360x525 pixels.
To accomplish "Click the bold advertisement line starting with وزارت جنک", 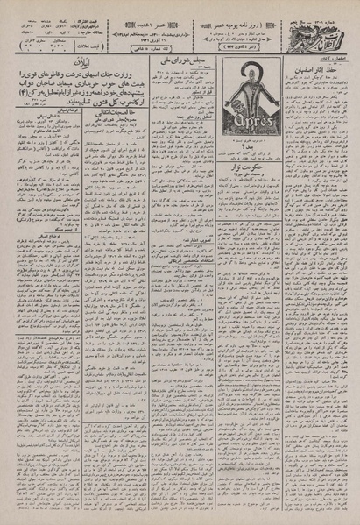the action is coord(79,91).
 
